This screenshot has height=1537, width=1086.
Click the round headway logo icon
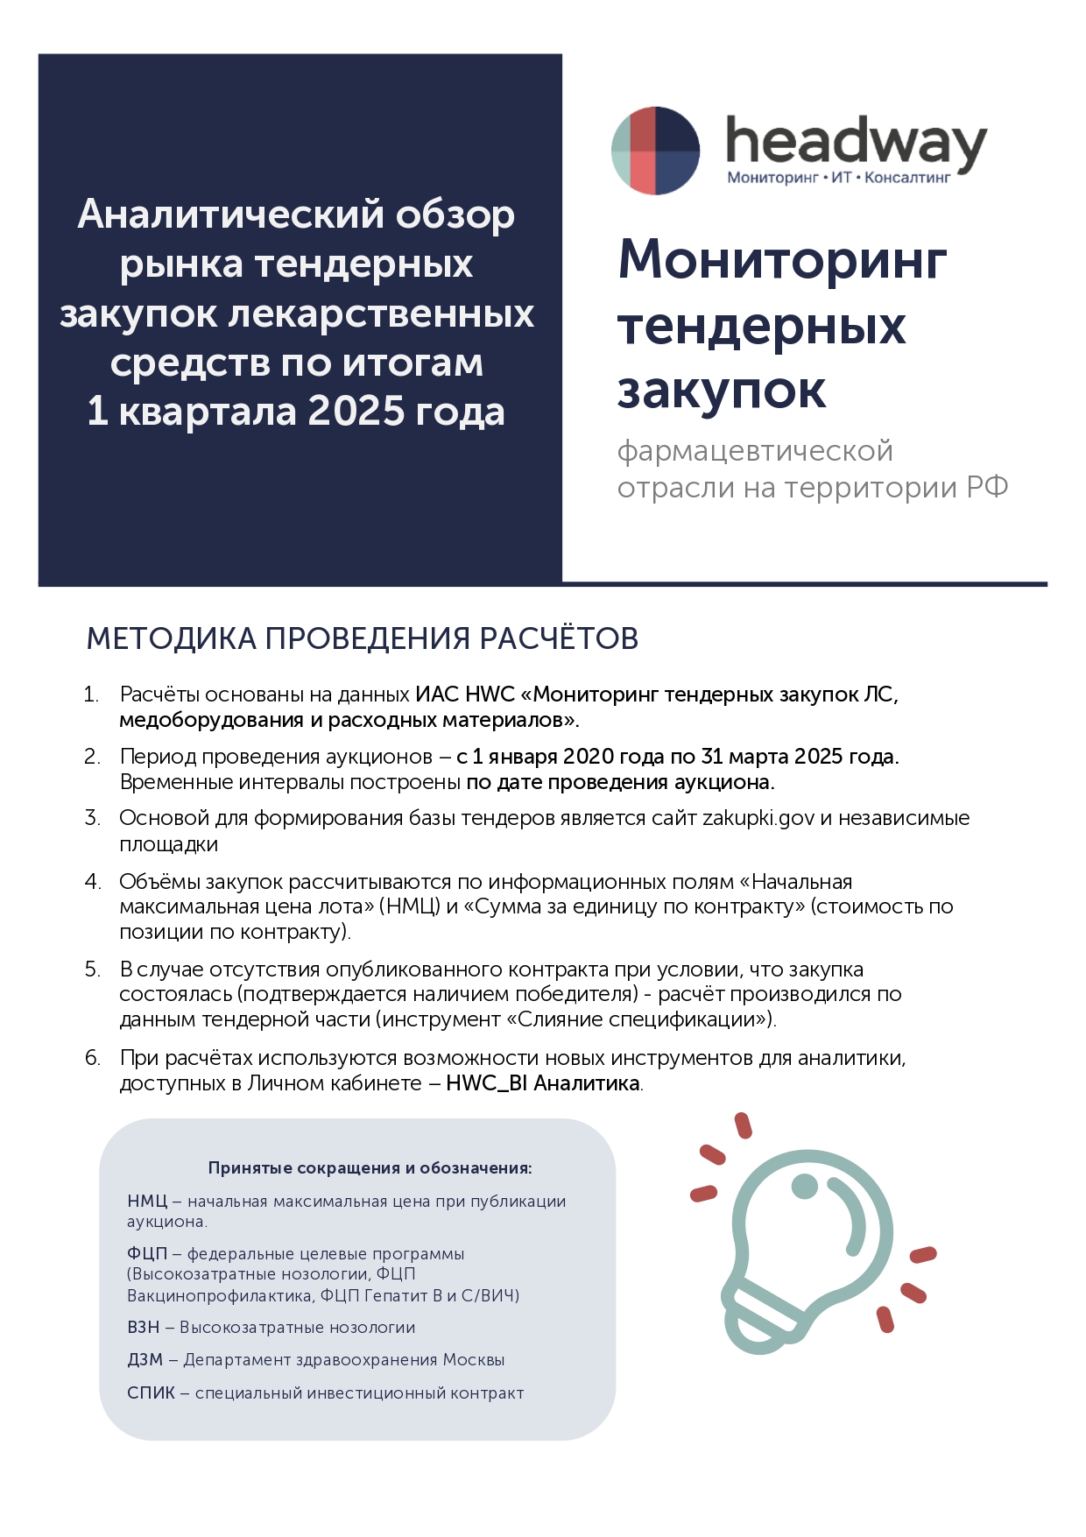click(655, 151)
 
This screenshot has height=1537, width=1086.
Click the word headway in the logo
click(856, 143)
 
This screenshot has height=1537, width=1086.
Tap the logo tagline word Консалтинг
click(907, 178)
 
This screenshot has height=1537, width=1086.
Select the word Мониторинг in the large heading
click(782, 260)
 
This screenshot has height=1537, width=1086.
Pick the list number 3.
click(92, 818)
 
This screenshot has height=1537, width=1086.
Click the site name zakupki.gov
click(758, 818)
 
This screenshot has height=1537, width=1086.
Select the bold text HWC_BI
click(486, 1083)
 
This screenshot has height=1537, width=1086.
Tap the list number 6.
click(92, 1058)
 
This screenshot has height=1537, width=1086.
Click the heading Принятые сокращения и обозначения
click(370, 1168)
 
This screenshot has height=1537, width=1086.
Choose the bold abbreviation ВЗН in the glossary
click(144, 1328)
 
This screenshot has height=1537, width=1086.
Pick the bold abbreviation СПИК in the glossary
click(151, 1393)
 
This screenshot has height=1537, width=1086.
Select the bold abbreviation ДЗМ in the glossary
click(145, 1360)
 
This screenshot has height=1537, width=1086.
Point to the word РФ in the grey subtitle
click(987, 487)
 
